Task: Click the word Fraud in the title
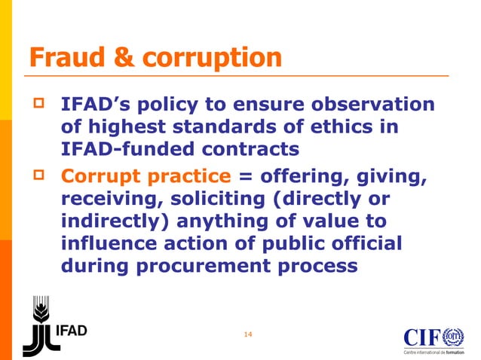click(x=63, y=57)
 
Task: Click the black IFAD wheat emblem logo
click(x=40, y=325)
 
